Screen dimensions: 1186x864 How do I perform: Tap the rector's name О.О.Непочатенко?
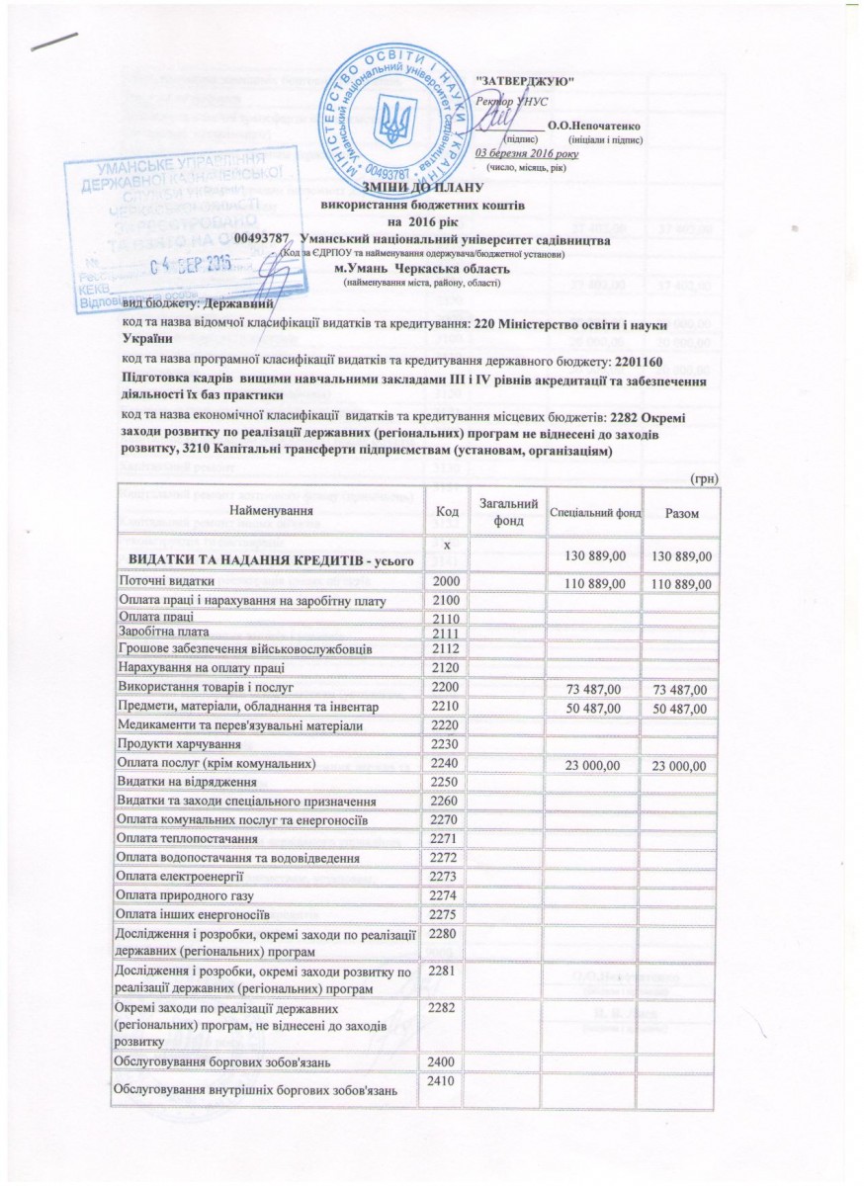(596, 127)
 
